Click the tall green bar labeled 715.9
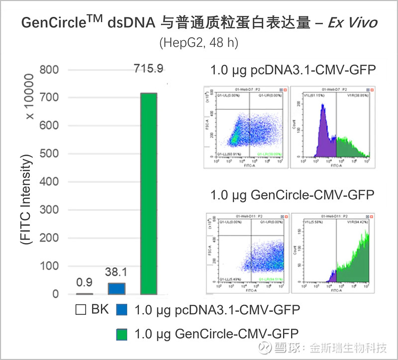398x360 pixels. (149, 194)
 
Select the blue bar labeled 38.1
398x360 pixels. (116, 288)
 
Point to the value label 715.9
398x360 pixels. (148, 69)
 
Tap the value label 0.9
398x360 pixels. (85, 282)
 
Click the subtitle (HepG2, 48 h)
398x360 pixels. (199, 43)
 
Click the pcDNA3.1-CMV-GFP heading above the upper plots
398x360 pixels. (293, 70)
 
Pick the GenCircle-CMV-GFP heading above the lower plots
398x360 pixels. (292, 194)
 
